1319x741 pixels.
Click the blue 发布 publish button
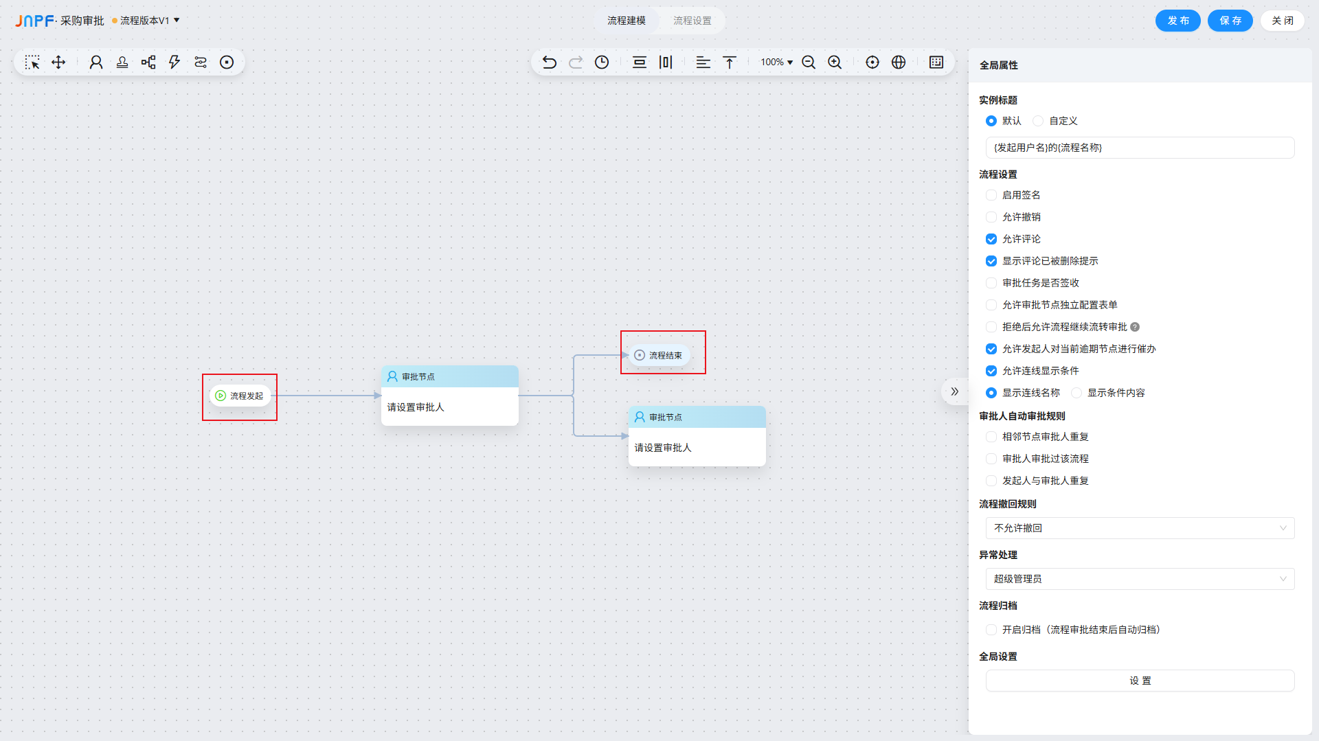tap(1177, 21)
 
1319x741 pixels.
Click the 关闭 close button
tap(1282, 21)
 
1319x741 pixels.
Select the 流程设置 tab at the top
tap(692, 21)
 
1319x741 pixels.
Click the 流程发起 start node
tap(240, 396)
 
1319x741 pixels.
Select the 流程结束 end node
tap(659, 356)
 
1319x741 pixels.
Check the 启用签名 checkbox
tap(991, 195)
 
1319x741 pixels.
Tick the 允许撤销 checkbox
tap(991, 217)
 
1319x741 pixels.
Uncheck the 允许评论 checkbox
tap(991, 239)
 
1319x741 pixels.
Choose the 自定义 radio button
tap(1038, 121)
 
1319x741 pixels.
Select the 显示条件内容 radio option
tap(1076, 393)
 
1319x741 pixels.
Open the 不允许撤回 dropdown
tap(1140, 528)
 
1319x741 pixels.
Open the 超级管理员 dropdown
tap(1140, 579)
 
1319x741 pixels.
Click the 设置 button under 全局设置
tap(1140, 681)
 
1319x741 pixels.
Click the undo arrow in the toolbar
tap(550, 62)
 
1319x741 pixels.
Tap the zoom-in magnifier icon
tap(835, 62)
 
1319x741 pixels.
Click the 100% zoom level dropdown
tap(776, 62)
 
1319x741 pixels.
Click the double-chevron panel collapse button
tap(954, 391)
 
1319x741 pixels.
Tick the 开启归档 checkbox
tap(991, 630)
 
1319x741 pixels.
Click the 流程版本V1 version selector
tap(146, 21)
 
